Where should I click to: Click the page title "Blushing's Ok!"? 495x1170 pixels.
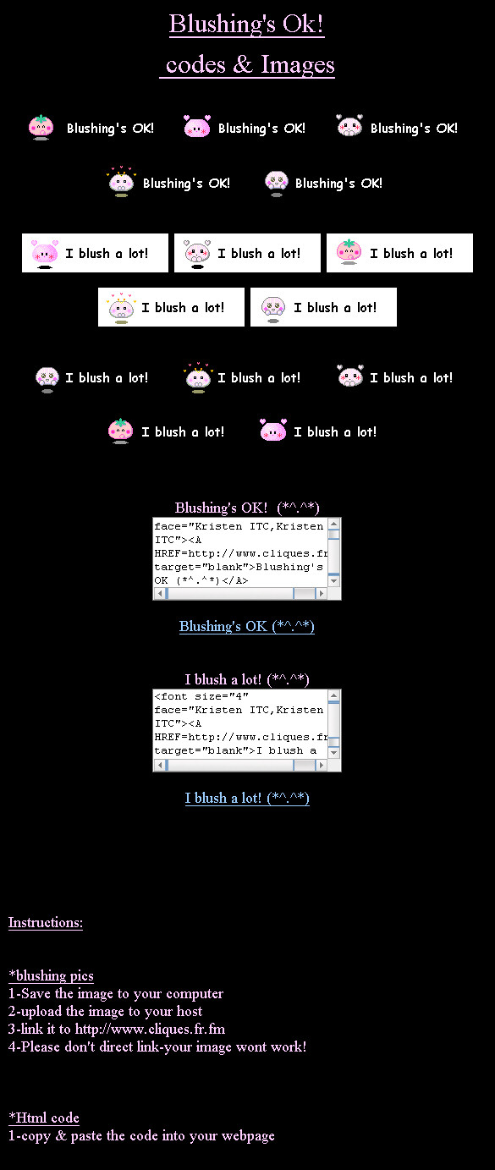[246, 25]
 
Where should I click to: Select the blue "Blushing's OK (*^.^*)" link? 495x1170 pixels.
[247, 626]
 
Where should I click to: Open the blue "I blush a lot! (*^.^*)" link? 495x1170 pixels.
[247, 798]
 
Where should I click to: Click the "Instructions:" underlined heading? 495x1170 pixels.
[46, 922]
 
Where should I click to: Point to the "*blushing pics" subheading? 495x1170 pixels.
[51, 975]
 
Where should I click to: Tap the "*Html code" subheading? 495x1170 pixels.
[44, 1118]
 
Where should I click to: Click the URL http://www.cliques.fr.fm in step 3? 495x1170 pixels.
[151, 1029]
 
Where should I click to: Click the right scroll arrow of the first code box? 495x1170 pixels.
[322, 593]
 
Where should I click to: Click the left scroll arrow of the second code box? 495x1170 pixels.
[160, 766]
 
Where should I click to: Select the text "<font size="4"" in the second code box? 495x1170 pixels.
[201, 696]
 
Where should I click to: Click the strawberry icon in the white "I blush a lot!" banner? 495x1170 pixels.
[349, 252]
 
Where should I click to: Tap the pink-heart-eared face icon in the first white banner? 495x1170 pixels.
[44, 254]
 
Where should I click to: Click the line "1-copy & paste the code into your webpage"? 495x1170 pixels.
[141, 1135]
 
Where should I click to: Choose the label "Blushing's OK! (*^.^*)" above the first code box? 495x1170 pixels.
[247, 508]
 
